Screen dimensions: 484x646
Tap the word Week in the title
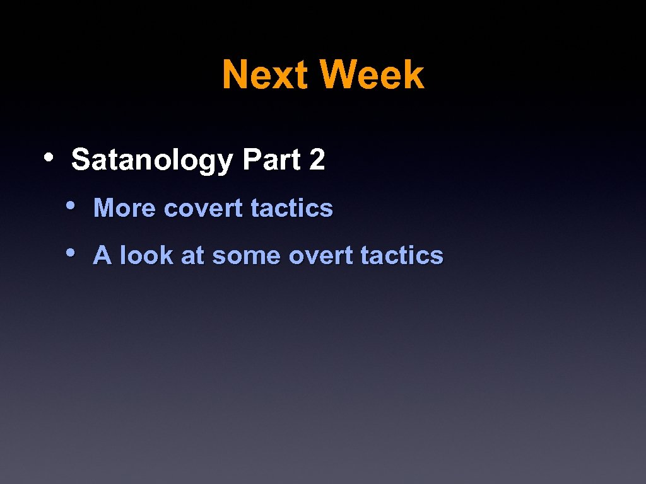(372, 75)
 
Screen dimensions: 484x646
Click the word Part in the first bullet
(271, 160)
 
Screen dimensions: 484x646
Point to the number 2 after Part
(317, 160)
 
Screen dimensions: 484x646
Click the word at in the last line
(192, 256)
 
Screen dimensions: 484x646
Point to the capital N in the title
(235, 75)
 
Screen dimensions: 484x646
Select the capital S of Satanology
(79, 160)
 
